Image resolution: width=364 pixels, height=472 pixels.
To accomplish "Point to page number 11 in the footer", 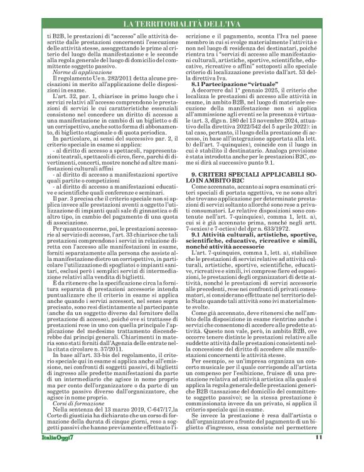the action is click(x=336, y=456).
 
